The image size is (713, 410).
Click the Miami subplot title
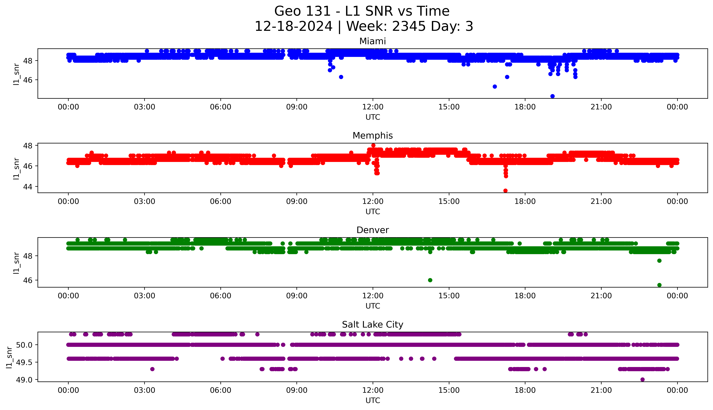coord(372,41)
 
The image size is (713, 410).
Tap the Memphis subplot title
coord(372,136)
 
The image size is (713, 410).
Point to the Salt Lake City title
coord(372,325)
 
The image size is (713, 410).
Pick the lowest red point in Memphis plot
coord(505,191)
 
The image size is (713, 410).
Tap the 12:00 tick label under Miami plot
coord(373,107)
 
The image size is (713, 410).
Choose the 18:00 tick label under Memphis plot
coord(525,201)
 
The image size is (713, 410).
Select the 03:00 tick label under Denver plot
coord(145,296)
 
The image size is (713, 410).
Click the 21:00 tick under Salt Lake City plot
coord(601,390)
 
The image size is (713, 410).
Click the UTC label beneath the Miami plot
coord(373,117)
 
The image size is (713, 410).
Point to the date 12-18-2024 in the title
coord(293,27)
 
